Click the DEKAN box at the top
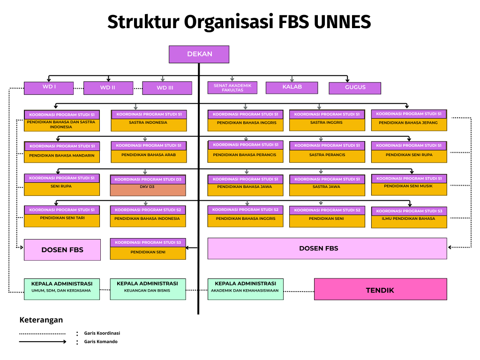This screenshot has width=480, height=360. pyautogui.click(x=199, y=54)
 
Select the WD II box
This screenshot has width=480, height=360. pyautogui.click(x=108, y=88)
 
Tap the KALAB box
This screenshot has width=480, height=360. pyautogui.click(x=292, y=87)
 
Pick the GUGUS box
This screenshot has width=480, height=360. pyautogui.click(x=355, y=88)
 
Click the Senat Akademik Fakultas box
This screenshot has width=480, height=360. pyautogui.click(x=232, y=88)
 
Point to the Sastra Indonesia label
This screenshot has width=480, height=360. pyautogui.click(x=148, y=123)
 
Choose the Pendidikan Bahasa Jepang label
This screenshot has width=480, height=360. pyautogui.click(x=408, y=123)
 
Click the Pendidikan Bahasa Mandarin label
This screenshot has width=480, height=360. pyautogui.click(x=62, y=156)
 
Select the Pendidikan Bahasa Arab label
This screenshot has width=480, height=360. pyautogui.click(x=149, y=155)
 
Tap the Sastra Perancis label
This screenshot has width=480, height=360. pyautogui.click(x=327, y=155)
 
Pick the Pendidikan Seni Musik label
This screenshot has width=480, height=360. pyautogui.click(x=408, y=186)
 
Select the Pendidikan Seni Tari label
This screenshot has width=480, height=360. pyautogui.click(x=62, y=218)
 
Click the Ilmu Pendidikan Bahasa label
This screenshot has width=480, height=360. pyautogui.click(x=408, y=218)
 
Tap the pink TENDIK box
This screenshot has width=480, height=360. pyautogui.click(x=380, y=290)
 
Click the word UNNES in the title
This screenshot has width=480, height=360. pyautogui.click(x=342, y=22)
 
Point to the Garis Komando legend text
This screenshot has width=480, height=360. pyautogui.click(x=101, y=342)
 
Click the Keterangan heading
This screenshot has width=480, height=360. pyautogui.click(x=41, y=320)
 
